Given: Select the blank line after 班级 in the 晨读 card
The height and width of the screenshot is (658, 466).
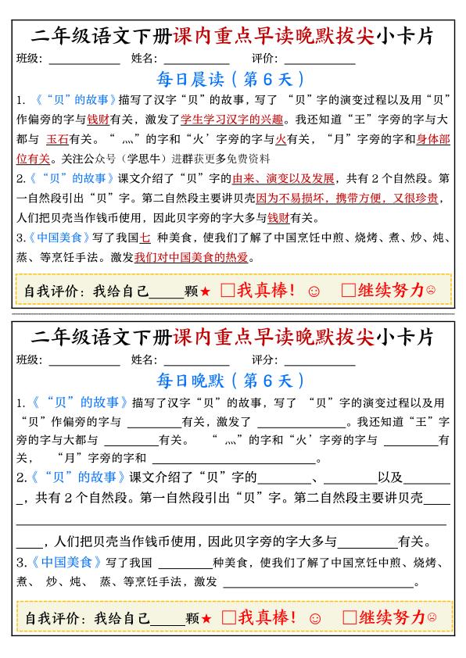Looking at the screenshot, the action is [84, 60].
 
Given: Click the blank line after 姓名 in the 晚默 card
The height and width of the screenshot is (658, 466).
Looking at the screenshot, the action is [196, 362].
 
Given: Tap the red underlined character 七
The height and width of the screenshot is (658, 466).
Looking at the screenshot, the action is [144, 237].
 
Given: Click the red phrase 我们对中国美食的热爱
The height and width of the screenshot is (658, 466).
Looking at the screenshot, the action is [195, 256].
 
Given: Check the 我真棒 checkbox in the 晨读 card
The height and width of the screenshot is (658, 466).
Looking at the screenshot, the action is [228, 291].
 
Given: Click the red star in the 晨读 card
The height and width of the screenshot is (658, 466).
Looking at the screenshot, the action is [206, 291].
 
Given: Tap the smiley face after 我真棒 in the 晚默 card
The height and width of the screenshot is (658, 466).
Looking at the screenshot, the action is [315, 618].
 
